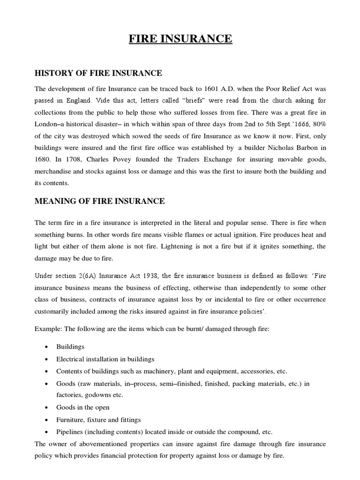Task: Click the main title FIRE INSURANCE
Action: [x=180, y=38]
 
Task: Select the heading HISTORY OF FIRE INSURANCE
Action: [x=99, y=73]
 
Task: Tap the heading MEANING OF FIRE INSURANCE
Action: [x=100, y=201]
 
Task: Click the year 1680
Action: [x=44, y=159]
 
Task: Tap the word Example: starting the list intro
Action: [x=49, y=329]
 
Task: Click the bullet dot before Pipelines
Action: [x=46, y=432]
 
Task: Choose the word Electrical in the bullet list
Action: [x=71, y=359]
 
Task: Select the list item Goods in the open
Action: [x=83, y=408]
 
